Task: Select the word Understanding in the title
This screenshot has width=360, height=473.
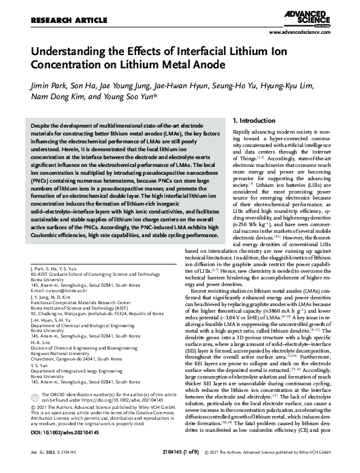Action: click(72, 51)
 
